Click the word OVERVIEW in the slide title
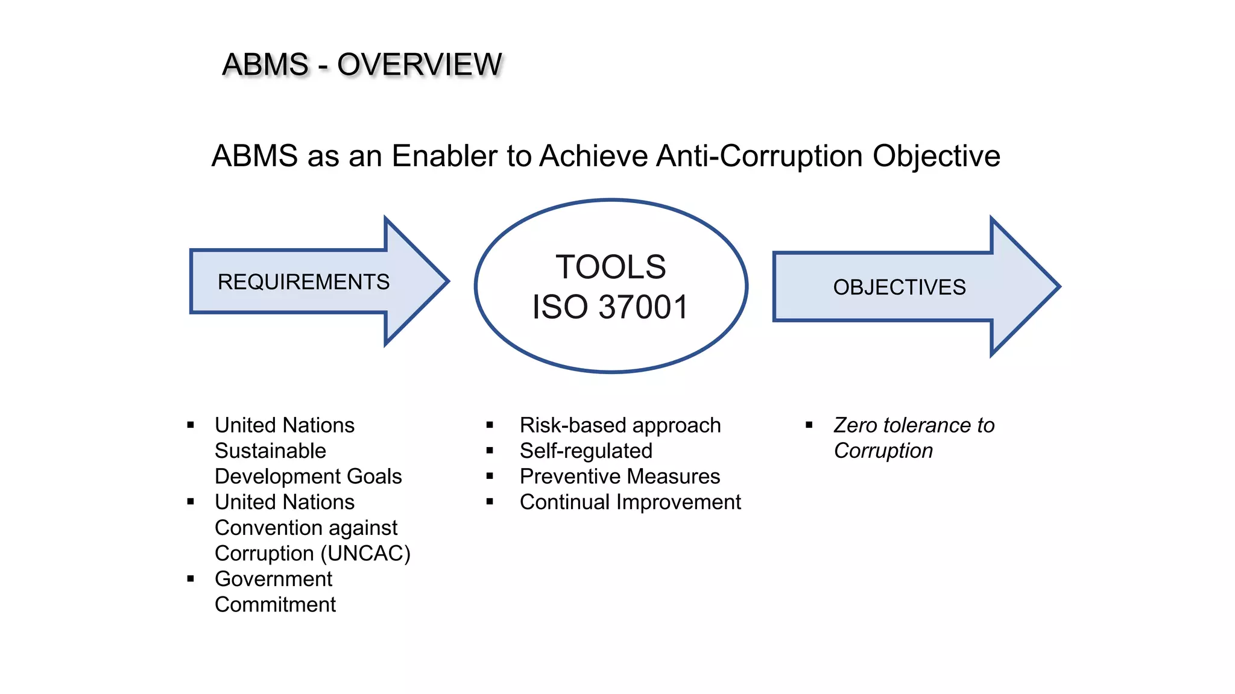(419, 64)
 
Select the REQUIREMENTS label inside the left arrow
(303, 282)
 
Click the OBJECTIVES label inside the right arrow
(899, 287)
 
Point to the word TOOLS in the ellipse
(610, 267)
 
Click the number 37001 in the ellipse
(643, 307)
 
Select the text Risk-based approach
(620, 425)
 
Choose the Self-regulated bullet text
(586, 451)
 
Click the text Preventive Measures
(620, 477)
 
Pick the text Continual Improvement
(630, 502)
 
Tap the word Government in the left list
(273, 579)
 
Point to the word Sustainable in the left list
(270, 451)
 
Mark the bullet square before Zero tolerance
(809, 425)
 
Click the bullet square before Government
(191, 579)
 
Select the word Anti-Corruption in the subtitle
(760, 156)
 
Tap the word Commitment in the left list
(275, 604)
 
